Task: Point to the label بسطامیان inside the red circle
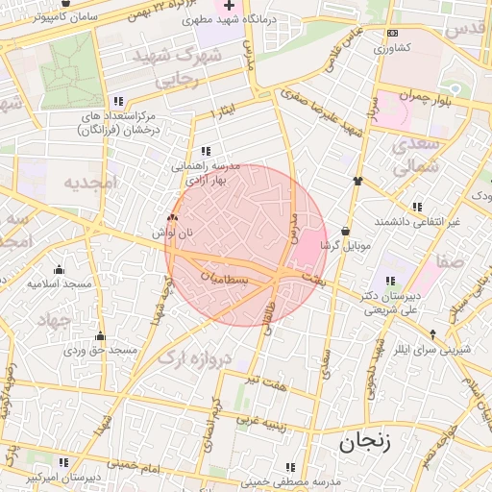pos(224,277)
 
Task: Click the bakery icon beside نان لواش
pos(172,219)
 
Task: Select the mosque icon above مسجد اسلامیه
pos(59,269)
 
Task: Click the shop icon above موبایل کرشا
pos(345,231)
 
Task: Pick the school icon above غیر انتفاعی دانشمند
pos(417,207)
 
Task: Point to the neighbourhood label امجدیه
pos(88,182)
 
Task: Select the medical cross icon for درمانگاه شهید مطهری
pos(229,5)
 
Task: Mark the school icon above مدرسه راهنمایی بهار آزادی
pos(206,151)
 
